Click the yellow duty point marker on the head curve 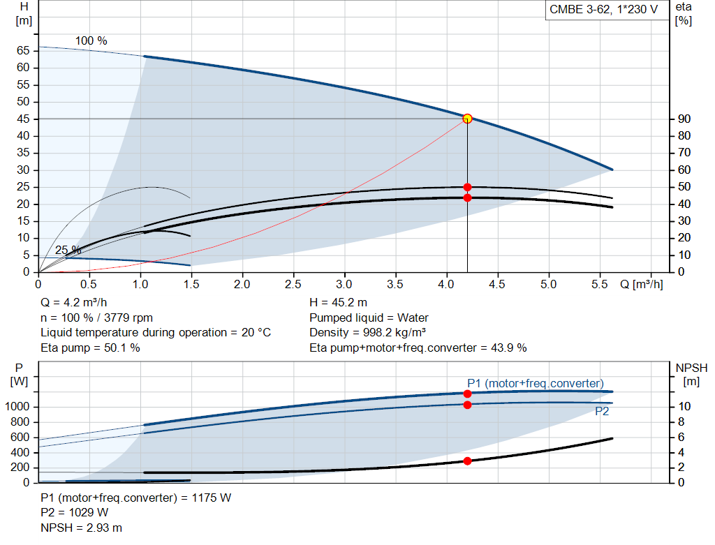coord(467,119)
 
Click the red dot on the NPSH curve coord(467,461)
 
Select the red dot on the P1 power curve coord(467,394)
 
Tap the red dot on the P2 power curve coord(467,405)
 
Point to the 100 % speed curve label coord(91,41)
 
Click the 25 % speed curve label coord(68,250)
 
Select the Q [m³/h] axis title coord(640,285)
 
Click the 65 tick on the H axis coord(23,51)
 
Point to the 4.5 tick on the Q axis coord(497,285)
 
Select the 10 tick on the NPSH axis coord(684,407)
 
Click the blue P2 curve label coord(602,412)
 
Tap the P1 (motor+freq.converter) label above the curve coord(535,383)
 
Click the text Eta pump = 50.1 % coord(90,348)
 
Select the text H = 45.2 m coord(338,303)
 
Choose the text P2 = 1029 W coord(75,514)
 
